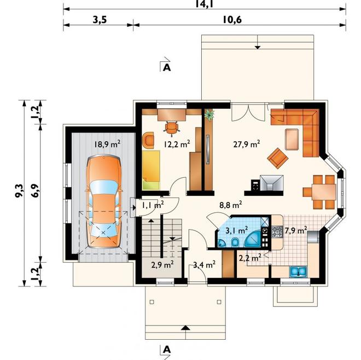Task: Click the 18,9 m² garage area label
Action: [x=107, y=144]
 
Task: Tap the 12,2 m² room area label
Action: [x=177, y=144]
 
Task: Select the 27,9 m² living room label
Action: [x=247, y=144]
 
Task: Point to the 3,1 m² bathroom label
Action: [x=237, y=230]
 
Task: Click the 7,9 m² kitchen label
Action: [x=296, y=230]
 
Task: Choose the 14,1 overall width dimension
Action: [x=204, y=4]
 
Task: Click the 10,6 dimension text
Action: [x=232, y=20]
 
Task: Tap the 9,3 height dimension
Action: [x=19, y=190]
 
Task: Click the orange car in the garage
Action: [x=103, y=201]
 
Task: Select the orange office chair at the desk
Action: [x=172, y=127]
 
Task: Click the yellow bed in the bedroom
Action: [x=151, y=170]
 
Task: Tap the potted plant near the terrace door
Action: [x=209, y=115]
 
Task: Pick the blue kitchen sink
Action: [x=298, y=271]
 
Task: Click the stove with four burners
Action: [x=277, y=232]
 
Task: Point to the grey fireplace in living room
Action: [x=272, y=183]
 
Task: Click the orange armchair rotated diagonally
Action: [x=278, y=158]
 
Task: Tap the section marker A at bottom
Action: [x=167, y=350]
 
